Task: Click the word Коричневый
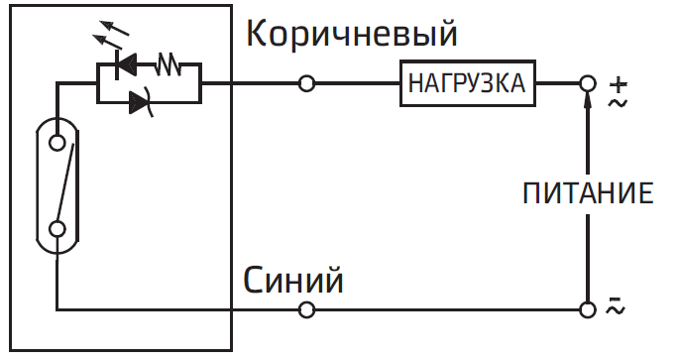pyautogui.click(x=352, y=36)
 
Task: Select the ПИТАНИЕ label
pyautogui.click(x=589, y=191)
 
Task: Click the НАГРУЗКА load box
pyautogui.click(x=467, y=84)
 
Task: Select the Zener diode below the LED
pyautogui.click(x=140, y=100)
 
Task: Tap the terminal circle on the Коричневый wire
pyautogui.click(x=306, y=84)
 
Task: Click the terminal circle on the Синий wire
pyautogui.click(x=306, y=310)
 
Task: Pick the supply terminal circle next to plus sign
pyautogui.click(x=588, y=84)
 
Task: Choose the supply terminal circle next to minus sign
pyautogui.click(x=588, y=310)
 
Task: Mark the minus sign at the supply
pyautogui.click(x=616, y=299)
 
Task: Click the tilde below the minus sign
pyautogui.click(x=616, y=312)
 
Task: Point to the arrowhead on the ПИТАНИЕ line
pyautogui.click(x=588, y=102)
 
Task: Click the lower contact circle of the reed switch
pyautogui.click(x=58, y=229)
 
